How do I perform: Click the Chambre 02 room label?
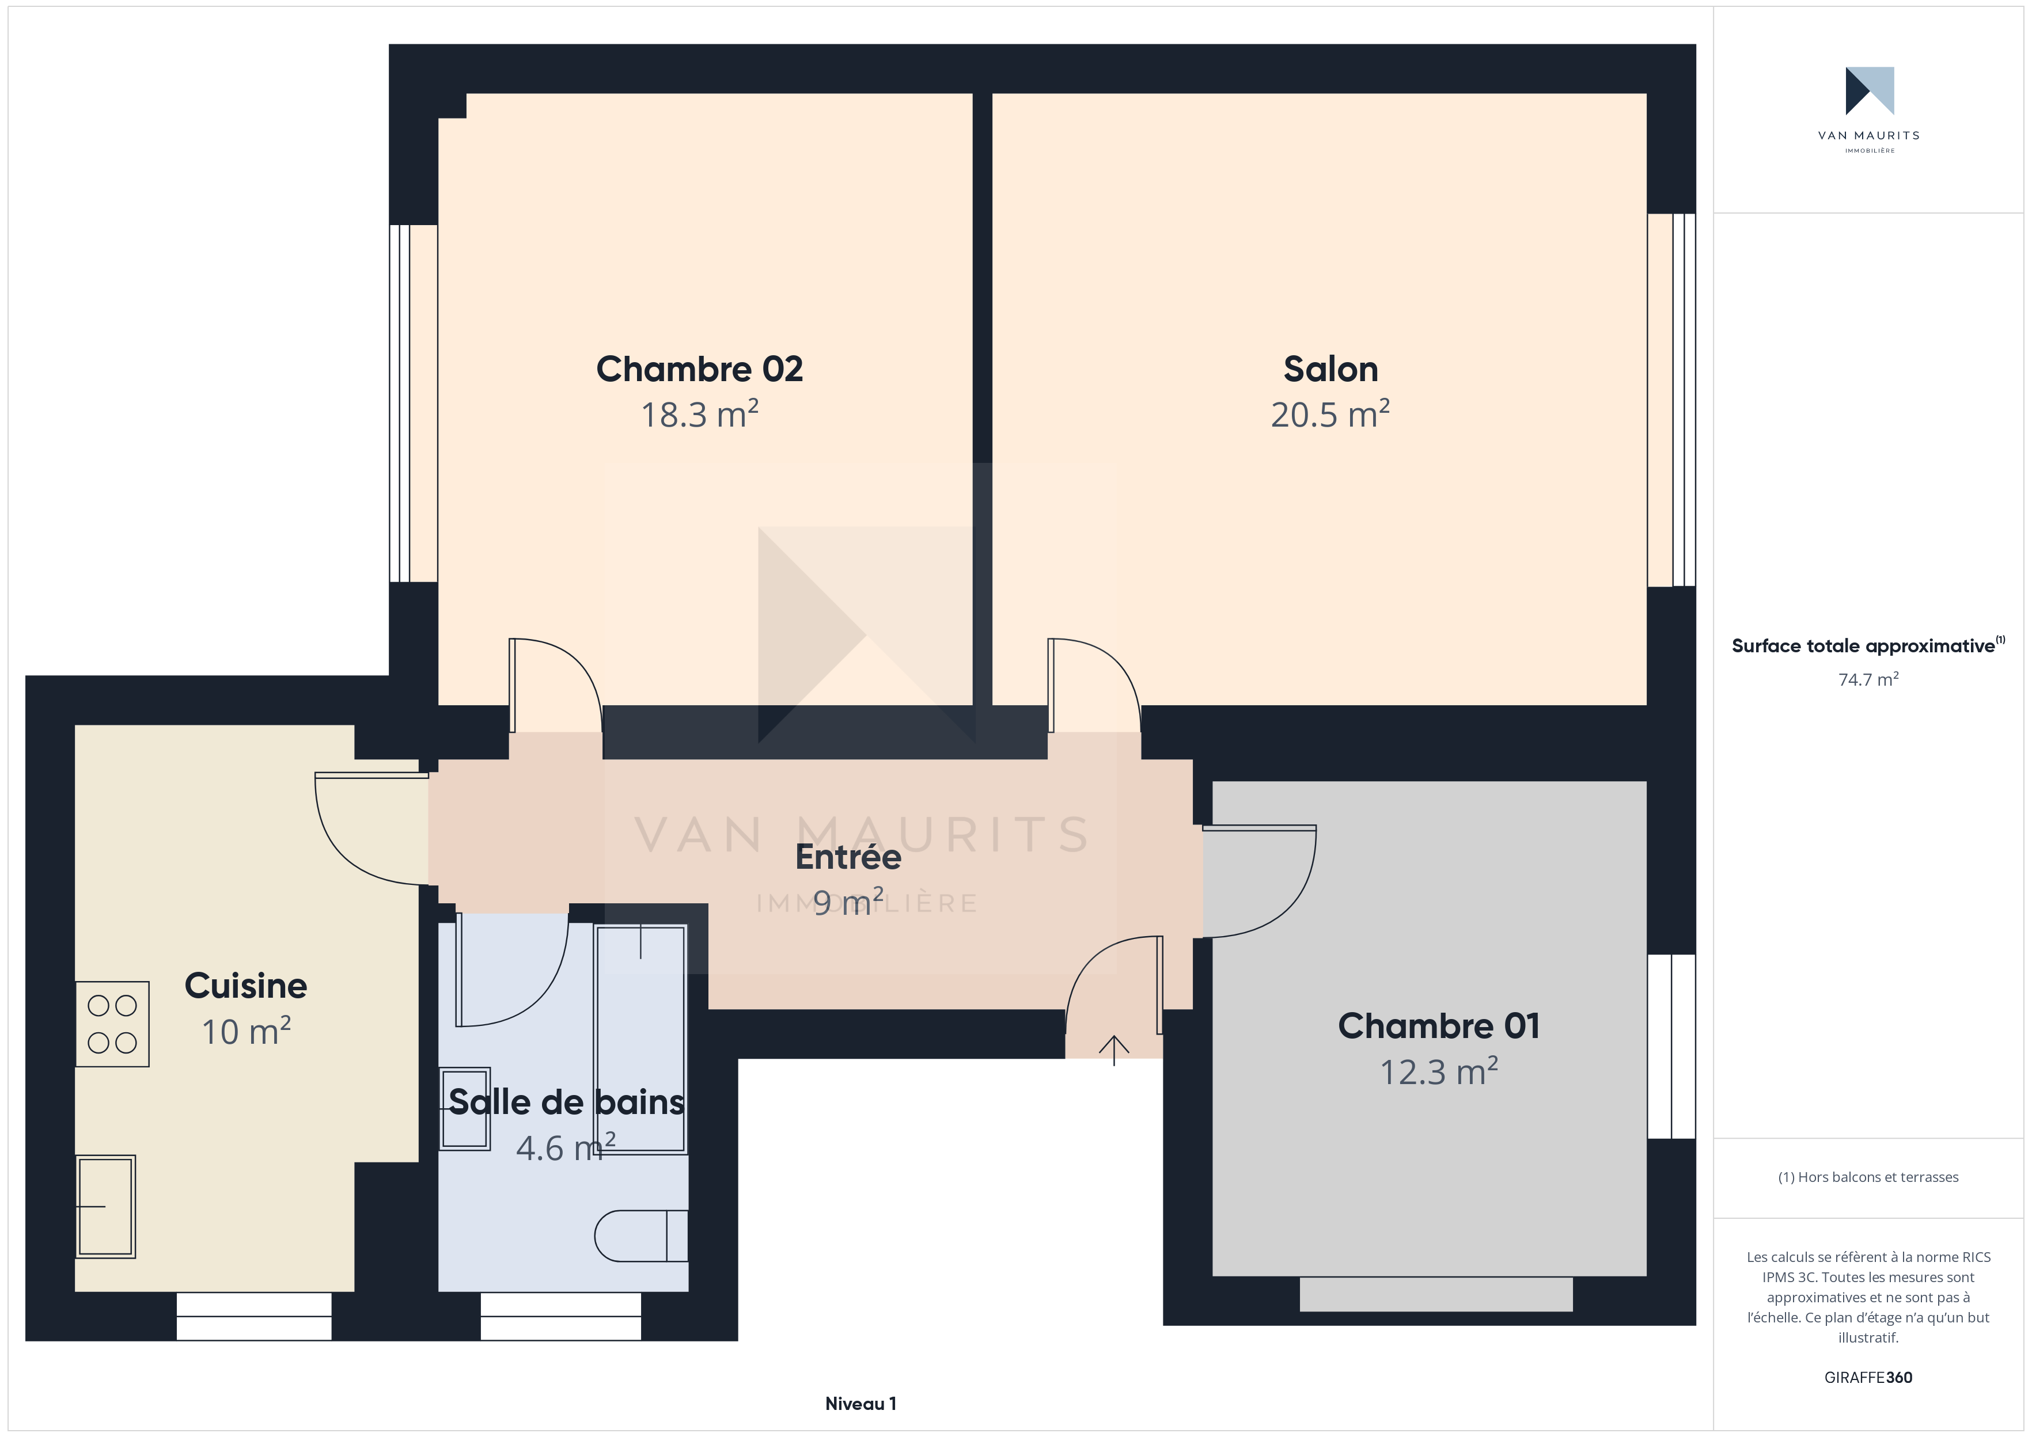tap(699, 369)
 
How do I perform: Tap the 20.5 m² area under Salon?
tap(1330, 414)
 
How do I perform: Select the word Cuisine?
tap(246, 986)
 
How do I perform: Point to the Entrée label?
tap(848, 857)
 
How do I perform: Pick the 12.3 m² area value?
tap(1439, 1071)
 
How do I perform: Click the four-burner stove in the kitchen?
tap(112, 1024)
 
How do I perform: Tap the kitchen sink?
tap(105, 1206)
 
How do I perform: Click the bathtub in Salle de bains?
tap(640, 1039)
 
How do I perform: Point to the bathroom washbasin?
tap(465, 1108)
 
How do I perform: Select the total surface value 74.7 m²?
tap(1868, 679)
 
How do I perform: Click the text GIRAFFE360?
tap(1868, 1378)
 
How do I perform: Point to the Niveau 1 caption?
tap(860, 1404)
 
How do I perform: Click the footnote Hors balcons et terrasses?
tap(1868, 1177)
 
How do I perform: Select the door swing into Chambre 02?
tap(556, 686)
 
